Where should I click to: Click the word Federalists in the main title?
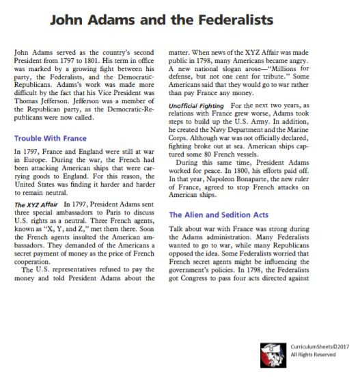pyautogui.click(x=233, y=21)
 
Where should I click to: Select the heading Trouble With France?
pyautogui.click(x=50, y=137)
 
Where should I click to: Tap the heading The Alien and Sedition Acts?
pyautogui.click(x=218, y=215)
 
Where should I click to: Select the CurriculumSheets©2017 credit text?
pyautogui.click(x=319, y=347)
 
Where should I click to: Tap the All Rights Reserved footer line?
pyautogui.click(x=313, y=355)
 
